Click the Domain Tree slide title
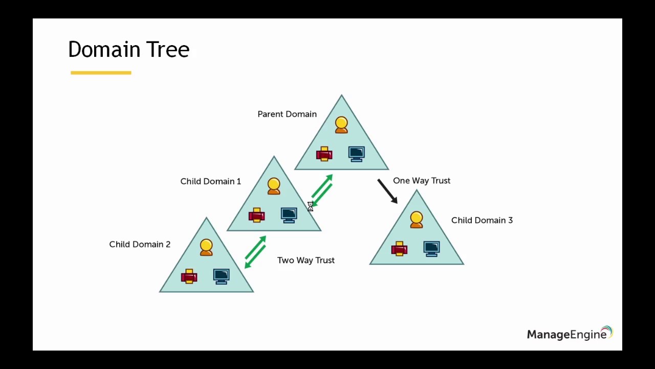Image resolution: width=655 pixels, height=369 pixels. [128, 50]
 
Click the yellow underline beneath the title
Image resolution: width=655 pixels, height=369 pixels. [101, 73]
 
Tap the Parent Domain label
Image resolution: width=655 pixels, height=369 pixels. [287, 114]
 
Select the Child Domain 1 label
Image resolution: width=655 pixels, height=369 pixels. [210, 181]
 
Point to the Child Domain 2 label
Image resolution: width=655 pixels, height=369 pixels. [140, 244]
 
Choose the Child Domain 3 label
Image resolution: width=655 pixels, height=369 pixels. [482, 220]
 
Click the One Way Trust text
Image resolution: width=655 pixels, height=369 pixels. [421, 181]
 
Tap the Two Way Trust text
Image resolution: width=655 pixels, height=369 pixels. [305, 260]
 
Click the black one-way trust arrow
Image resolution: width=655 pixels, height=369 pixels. [387, 191]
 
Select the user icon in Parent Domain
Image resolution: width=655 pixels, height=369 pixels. [341, 125]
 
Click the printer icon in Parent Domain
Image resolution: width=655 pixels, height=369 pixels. [324, 154]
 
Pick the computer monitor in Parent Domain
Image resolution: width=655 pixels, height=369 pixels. [356, 154]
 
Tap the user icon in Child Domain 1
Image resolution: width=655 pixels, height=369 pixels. [274, 186]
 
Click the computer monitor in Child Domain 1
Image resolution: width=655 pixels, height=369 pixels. [289, 215]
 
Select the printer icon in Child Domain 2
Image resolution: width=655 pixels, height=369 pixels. [189, 276]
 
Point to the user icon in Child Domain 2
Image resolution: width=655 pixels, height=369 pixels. [206, 247]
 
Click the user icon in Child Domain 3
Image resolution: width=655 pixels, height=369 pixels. [417, 220]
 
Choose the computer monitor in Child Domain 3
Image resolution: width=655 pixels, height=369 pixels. [431, 249]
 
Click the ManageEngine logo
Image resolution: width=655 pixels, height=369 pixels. [569, 334]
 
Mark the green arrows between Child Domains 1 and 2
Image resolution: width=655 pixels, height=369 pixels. [255, 252]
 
